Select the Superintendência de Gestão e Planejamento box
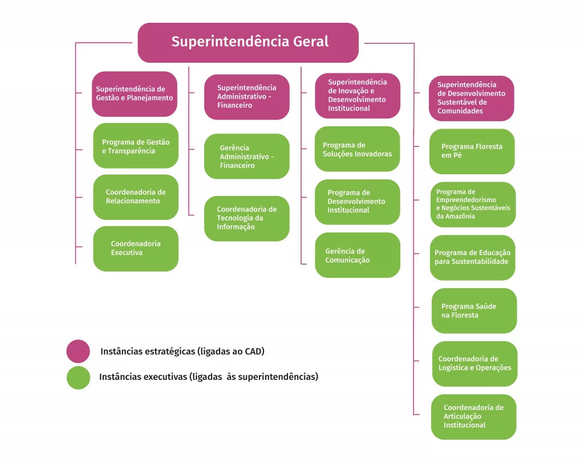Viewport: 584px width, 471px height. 135,93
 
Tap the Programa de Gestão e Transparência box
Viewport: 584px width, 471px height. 136,146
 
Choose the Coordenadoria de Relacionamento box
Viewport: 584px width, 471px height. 136,197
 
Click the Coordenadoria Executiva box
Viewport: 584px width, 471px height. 136,248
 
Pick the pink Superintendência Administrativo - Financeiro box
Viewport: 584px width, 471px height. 247,97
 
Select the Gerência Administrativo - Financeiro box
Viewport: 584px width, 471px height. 247,156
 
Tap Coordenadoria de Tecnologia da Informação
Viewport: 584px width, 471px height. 247,218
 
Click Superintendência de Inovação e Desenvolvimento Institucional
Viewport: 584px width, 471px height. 358,95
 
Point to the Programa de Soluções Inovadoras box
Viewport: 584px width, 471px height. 358,149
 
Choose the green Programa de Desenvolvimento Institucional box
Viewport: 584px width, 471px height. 358,202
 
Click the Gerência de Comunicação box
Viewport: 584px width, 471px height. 358,255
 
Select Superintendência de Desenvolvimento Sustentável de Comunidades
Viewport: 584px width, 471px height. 472,98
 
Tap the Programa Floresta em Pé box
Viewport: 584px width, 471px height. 472,151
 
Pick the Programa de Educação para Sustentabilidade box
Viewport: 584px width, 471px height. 472,257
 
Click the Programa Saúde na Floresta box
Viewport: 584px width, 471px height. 474,310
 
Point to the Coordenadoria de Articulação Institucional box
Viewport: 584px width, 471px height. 473,416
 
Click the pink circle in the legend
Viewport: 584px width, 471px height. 78,351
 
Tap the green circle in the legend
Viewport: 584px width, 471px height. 78,378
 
